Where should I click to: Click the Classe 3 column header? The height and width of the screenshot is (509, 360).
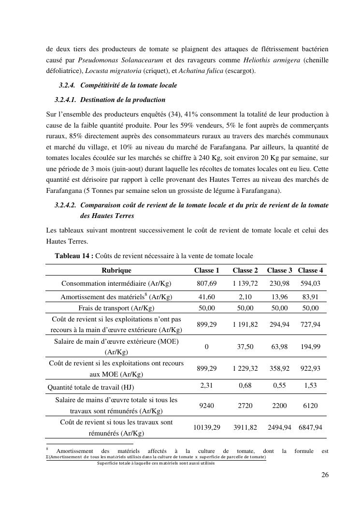point(279,270)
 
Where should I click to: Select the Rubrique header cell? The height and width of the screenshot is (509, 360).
point(116,270)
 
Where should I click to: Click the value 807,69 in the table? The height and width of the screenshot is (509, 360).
point(207,283)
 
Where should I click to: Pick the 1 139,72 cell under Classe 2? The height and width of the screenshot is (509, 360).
point(245,283)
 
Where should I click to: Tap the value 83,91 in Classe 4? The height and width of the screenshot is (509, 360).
point(311,297)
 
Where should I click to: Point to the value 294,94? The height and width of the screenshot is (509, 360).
point(279,324)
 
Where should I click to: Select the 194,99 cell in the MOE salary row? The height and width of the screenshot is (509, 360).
point(311,347)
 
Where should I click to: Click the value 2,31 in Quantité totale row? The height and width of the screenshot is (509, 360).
point(207,387)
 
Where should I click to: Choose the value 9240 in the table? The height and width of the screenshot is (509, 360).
point(207,406)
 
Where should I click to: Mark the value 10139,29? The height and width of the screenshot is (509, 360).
point(207,427)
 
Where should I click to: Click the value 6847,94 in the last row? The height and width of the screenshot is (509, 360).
point(311,427)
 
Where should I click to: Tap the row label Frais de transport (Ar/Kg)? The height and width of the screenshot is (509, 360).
point(116,308)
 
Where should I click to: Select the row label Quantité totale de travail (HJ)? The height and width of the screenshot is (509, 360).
point(91,387)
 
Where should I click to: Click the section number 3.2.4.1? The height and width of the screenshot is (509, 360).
point(67,100)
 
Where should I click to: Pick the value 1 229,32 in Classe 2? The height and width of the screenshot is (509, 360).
point(245,368)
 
